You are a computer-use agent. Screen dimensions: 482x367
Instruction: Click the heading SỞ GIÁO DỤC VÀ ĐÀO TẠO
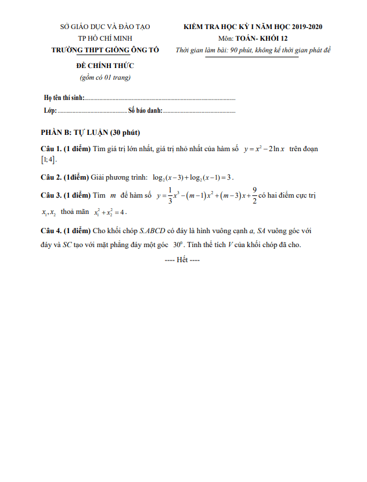click(105, 27)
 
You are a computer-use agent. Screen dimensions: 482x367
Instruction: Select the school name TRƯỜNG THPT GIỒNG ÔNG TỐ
click(105, 50)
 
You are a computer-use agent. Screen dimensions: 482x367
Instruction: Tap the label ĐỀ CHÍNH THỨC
click(105, 66)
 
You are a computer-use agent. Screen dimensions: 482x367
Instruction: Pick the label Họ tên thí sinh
click(65, 98)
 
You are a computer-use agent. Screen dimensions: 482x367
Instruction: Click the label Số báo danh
click(145, 110)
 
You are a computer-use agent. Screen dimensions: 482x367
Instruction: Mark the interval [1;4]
click(49, 160)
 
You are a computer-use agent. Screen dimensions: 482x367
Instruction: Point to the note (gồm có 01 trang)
click(105, 77)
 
